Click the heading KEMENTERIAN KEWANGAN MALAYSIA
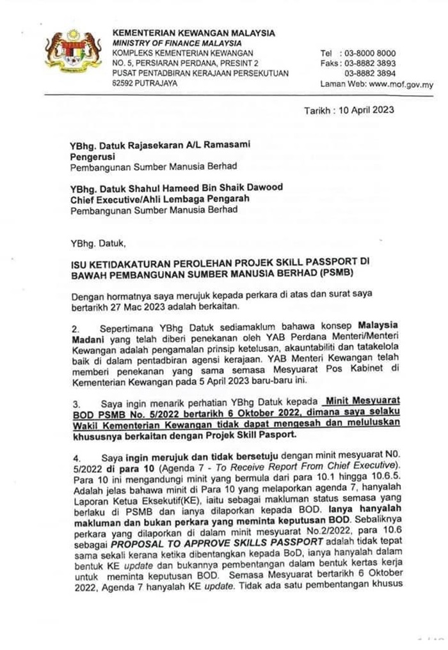[x=194, y=33]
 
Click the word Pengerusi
[x=92, y=155]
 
